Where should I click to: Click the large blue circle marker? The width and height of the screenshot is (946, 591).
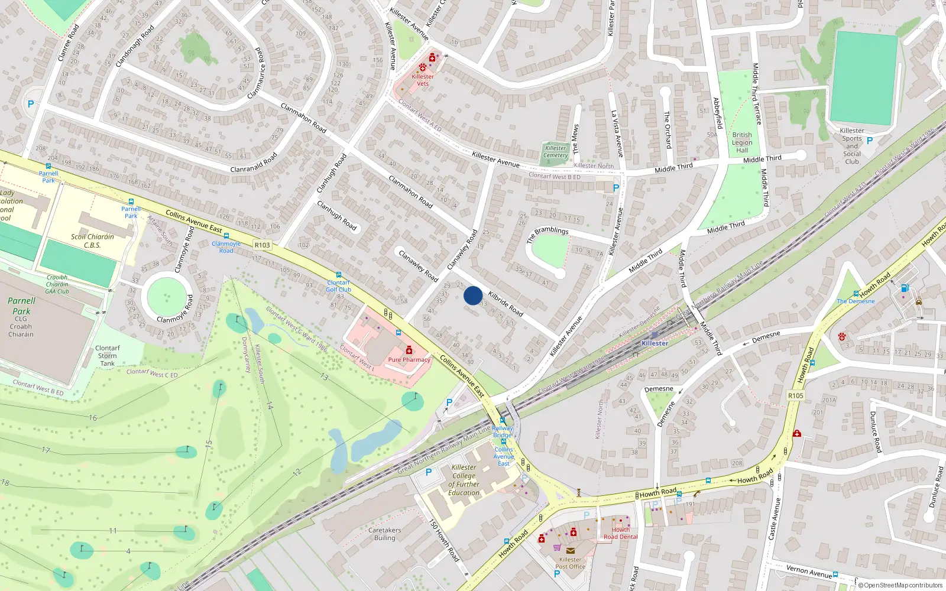point(473,295)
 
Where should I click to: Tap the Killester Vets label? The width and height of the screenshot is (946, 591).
point(423,80)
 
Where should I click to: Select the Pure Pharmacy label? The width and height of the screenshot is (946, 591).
point(409,359)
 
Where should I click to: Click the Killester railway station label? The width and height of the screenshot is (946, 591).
point(655,343)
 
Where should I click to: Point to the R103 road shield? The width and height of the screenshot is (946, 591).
point(262,245)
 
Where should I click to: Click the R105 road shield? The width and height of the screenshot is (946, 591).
point(796,395)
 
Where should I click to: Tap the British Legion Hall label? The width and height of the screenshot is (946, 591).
point(742,142)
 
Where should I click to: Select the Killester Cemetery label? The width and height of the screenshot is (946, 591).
point(555,152)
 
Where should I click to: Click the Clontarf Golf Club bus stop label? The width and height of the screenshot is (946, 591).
point(339,286)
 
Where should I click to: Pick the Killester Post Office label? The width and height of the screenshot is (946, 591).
point(571,563)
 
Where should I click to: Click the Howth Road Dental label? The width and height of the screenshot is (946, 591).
point(620,533)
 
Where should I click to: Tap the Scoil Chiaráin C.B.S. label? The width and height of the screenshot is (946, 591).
point(92,241)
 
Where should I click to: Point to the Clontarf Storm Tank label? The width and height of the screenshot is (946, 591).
point(107,356)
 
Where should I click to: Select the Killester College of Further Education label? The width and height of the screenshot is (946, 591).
point(464,480)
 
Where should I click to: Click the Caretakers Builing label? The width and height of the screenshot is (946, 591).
point(385,534)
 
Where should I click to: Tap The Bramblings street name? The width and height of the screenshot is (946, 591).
point(547,233)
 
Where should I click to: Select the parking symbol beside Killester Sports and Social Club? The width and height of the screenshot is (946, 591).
point(870,141)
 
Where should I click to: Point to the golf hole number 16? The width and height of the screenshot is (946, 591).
point(93,418)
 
